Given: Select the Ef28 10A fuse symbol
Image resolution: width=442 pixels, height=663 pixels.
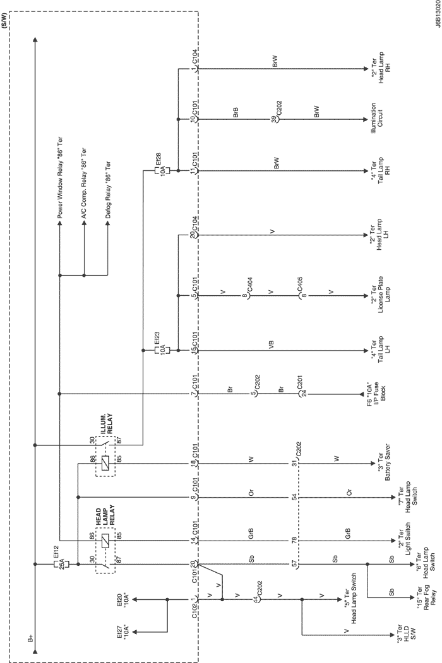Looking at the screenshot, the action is (x=161, y=171).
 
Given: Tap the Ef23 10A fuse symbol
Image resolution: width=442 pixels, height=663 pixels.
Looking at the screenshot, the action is (x=161, y=350).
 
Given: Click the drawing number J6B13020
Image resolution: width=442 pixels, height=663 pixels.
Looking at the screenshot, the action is (x=437, y=15).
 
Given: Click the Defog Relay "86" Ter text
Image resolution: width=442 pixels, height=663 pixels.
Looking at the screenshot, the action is (x=107, y=191).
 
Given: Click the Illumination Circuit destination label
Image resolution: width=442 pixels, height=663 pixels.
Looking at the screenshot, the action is (x=376, y=119).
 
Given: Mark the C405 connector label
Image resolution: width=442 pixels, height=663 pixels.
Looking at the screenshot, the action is (x=300, y=284).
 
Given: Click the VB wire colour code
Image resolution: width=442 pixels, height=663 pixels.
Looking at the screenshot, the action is (x=272, y=344).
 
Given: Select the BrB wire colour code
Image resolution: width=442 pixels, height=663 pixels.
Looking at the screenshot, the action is (x=236, y=112).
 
